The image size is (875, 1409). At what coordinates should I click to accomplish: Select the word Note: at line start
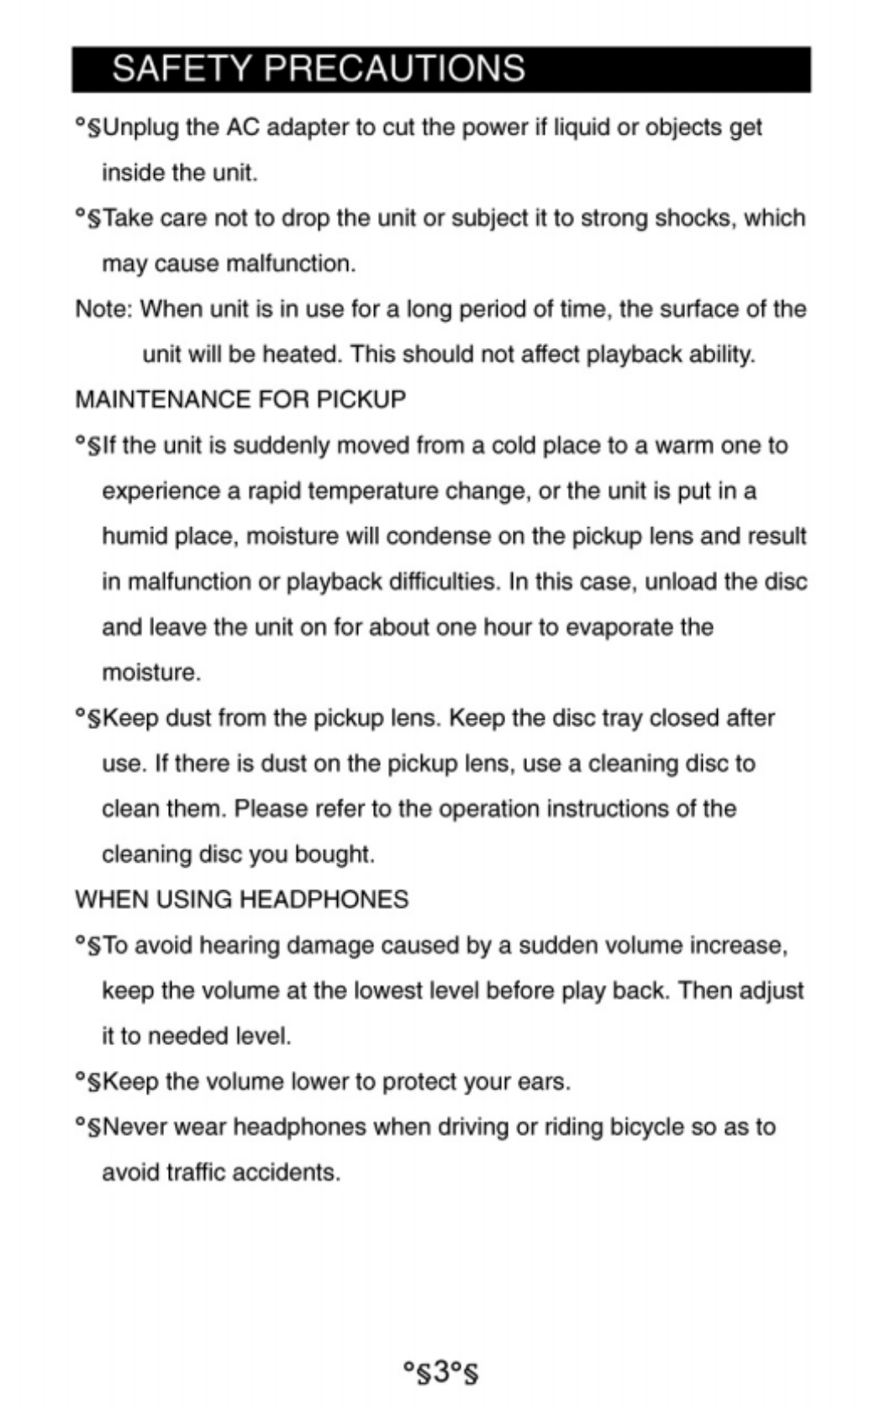[x=104, y=309]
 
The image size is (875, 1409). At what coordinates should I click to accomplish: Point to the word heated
[x=302, y=354]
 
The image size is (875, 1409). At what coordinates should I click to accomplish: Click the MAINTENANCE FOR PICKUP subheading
[x=240, y=399]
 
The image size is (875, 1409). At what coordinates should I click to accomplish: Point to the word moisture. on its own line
[x=151, y=673]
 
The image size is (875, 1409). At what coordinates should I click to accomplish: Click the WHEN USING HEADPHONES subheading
[x=242, y=899]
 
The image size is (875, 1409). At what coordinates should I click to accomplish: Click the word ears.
[x=544, y=1082]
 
